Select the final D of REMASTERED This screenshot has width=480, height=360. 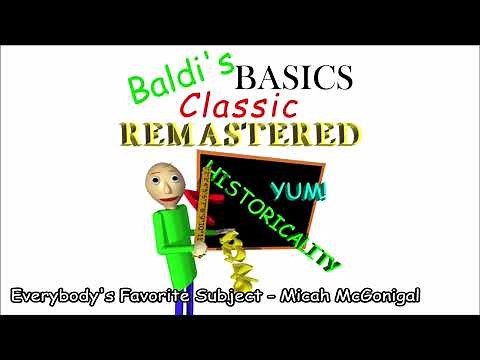pos(346,135)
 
